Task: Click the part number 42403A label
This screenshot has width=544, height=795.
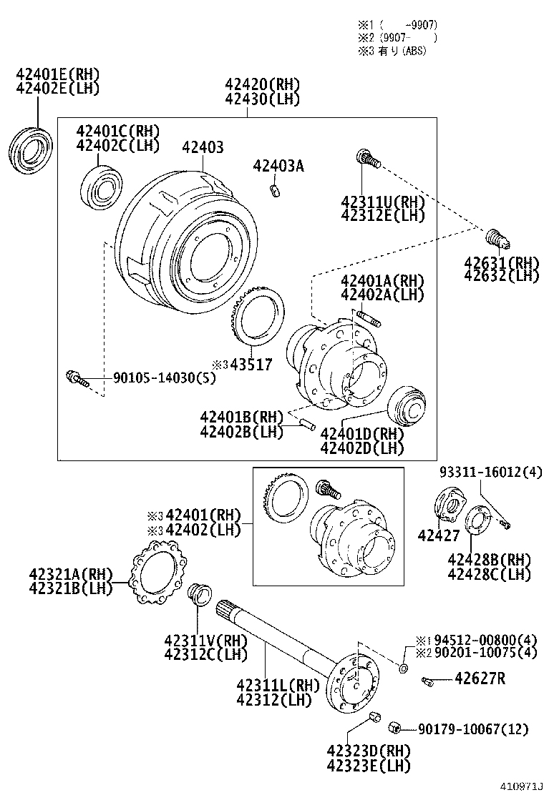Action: tap(278, 166)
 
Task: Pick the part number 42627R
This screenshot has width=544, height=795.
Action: tap(480, 678)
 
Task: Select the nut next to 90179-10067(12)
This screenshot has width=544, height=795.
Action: tap(393, 728)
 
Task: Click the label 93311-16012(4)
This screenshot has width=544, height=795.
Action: tap(490, 473)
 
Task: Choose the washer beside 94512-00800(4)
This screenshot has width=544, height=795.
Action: tap(403, 668)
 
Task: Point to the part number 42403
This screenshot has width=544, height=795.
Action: tap(203, 147)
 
